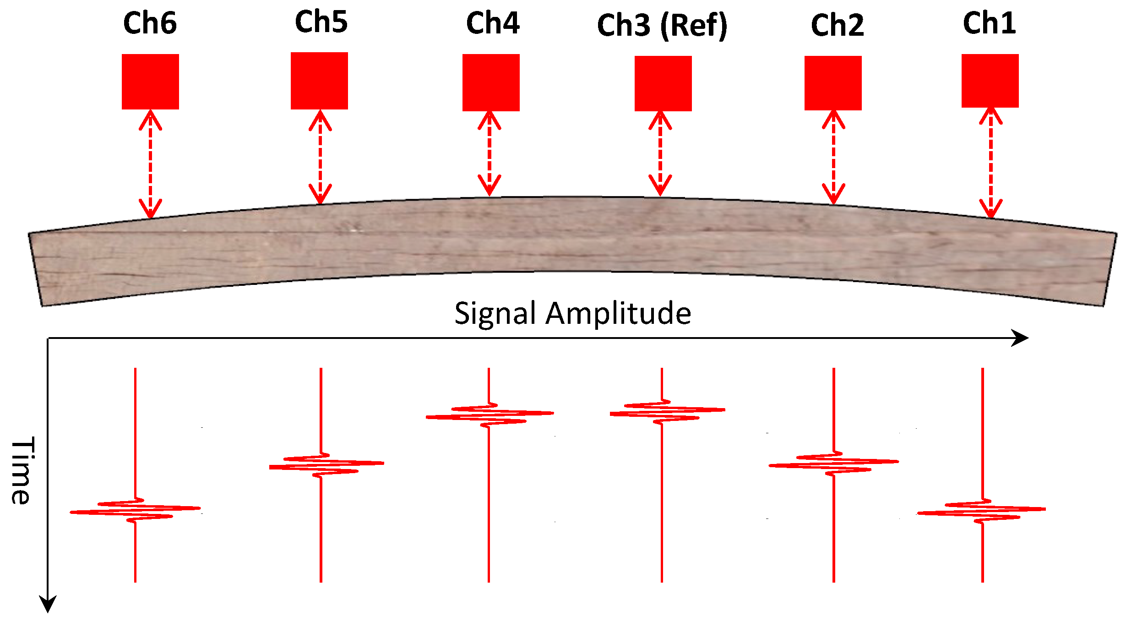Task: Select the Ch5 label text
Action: point(321,22)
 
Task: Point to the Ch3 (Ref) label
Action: point(662,25)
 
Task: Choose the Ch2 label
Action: point(837,25)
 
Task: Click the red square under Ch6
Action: point(150,82)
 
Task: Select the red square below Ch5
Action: point(319,81)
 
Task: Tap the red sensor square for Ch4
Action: point(491,82)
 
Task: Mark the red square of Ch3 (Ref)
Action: point(663,83)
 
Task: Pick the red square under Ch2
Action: point(833,83)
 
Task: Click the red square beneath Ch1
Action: point(990,81)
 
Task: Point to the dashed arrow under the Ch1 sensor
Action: point(990,163)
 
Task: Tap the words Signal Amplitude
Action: point(572,314)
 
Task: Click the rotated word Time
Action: point(22,470)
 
